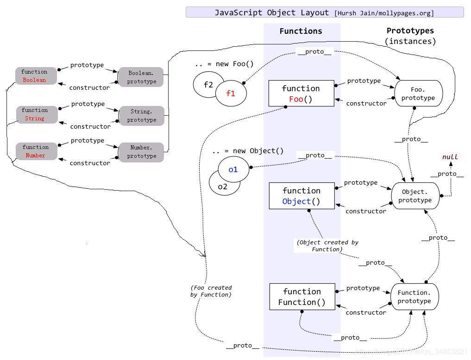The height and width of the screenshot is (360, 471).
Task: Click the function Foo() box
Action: point(301,93)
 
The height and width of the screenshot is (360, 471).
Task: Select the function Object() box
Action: point(301,196)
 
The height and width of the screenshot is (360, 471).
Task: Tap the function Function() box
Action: point(301,297)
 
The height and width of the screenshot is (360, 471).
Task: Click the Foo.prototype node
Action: point(418,93)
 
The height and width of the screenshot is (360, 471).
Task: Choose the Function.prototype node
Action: point(414,297)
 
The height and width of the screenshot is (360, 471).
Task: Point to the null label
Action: point(450,157)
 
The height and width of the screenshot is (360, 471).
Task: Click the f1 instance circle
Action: point(231,93)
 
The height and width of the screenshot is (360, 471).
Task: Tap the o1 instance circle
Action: point(233,169)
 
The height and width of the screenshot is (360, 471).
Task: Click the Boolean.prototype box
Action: point(141,77)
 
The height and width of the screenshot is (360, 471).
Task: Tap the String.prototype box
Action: point(142,116)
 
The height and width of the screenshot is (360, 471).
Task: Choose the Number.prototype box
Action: point(142,152)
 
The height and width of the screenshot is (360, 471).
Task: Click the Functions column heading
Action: point(301,31)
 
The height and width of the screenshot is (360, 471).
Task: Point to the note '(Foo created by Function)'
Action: point(211,291)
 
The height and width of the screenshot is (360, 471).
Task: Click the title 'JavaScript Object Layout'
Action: point(271,12)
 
